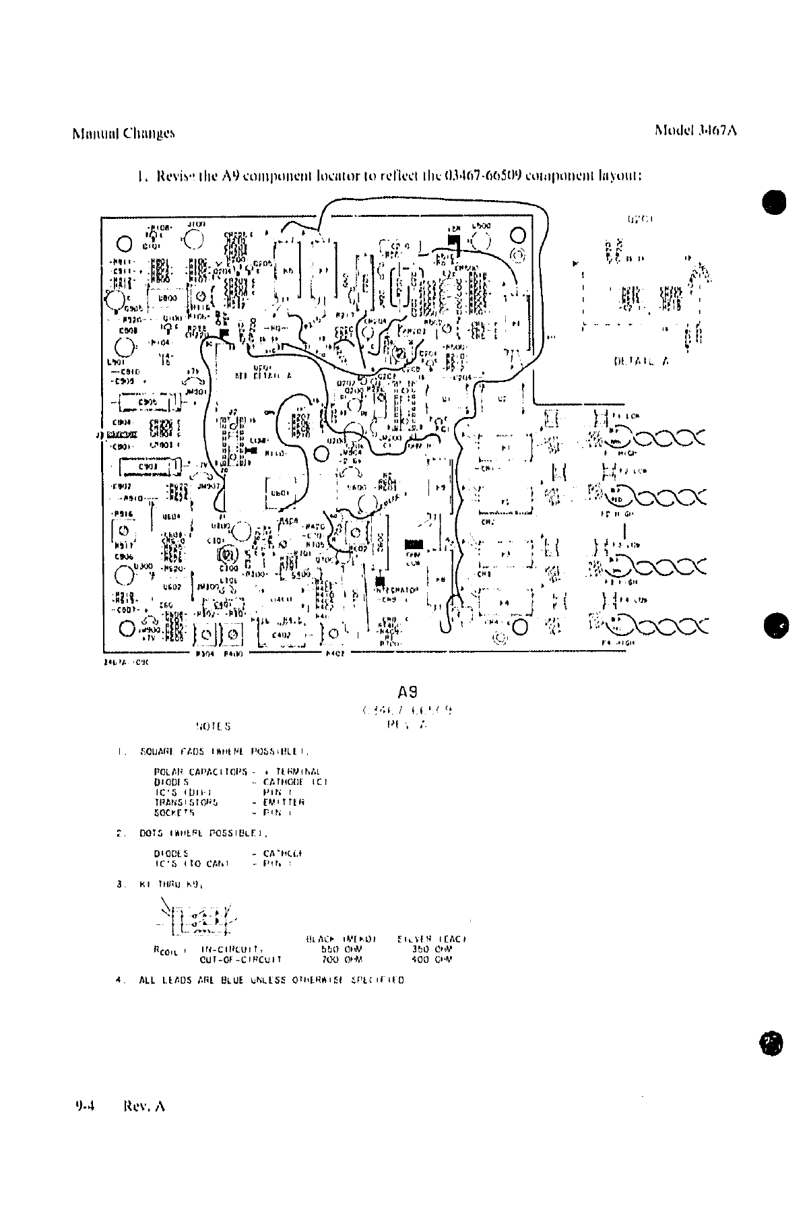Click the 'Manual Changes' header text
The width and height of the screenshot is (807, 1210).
coord(123,133)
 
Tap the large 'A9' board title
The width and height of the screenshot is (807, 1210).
coord(408,692)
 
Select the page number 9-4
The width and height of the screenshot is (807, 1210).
coord(85,1106)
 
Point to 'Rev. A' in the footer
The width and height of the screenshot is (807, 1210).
coord(144,1106)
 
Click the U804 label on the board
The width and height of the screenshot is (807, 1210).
coord(170,517)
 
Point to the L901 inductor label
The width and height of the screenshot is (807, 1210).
coord(114,361)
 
